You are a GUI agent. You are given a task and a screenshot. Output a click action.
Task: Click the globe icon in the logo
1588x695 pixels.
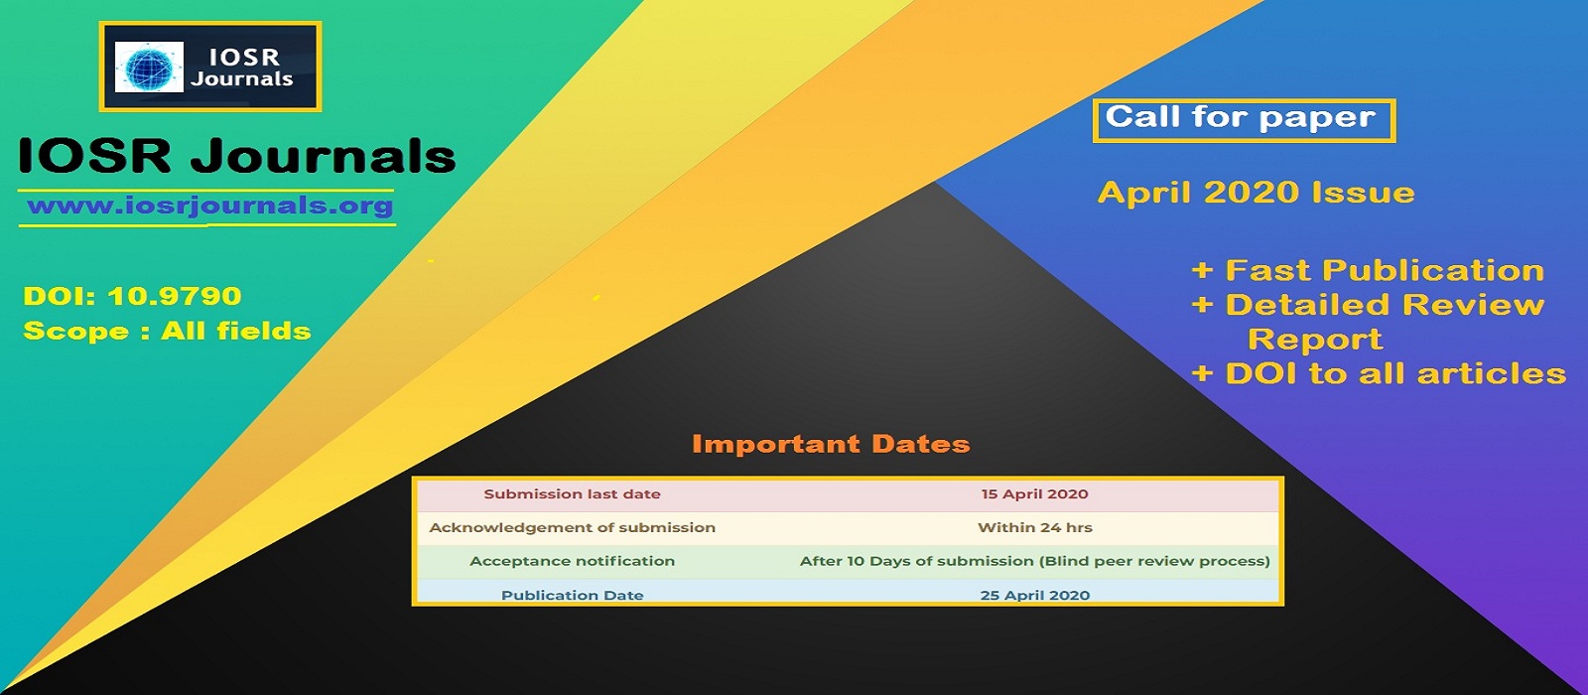[149, 67]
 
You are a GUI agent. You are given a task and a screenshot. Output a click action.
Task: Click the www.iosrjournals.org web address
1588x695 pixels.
[209, 206]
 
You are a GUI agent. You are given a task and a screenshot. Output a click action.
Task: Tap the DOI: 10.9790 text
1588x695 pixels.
[133, 296]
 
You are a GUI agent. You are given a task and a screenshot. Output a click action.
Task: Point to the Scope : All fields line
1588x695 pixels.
[168, 332]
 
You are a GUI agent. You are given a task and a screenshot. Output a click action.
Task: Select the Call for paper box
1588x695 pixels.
[1245, 120]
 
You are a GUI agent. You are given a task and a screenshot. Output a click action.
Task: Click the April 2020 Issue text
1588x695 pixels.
[1257, 193]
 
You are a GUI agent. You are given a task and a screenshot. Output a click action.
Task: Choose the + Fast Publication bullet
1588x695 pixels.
[1368, 270]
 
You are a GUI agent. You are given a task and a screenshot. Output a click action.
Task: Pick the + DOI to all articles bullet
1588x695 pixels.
[1379, 373]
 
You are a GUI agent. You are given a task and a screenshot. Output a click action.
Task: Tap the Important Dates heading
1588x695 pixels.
[831, 444]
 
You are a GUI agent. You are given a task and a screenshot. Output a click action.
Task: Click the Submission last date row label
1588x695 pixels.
[572, 494]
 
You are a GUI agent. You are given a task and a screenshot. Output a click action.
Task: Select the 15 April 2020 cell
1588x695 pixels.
[1034, 494]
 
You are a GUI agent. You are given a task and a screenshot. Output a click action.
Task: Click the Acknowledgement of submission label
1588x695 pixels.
[572, 527]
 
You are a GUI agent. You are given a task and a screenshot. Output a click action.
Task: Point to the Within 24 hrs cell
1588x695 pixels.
[1035, 527]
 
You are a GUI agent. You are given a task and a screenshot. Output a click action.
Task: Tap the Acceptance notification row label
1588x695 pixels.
[572, 561]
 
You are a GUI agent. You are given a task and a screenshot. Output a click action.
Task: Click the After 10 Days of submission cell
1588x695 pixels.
[1035, 561]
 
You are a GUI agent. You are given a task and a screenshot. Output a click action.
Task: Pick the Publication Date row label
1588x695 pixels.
[572, 595]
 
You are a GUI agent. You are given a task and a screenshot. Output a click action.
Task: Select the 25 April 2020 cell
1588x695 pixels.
[1035, 595]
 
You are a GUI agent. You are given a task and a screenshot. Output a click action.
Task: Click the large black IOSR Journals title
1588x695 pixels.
[237, 155]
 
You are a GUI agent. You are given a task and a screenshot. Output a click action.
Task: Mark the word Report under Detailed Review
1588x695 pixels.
[1315, 339]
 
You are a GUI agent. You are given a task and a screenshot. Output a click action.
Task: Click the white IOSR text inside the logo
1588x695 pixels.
[244, 57]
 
